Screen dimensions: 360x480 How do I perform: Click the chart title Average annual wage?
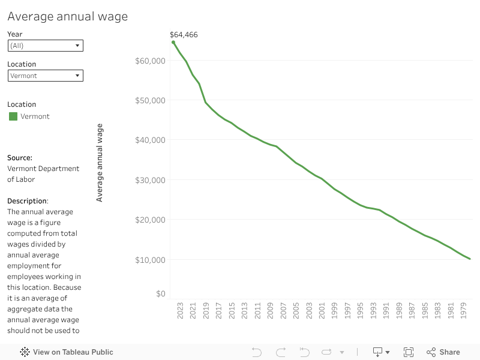coord(67,16)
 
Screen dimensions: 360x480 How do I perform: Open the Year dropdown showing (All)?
coord(46,46)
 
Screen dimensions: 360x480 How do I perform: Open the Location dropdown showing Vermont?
coord(46,76)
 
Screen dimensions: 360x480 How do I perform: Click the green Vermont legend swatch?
coord(13,116)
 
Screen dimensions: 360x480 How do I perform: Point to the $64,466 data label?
coord(184,35)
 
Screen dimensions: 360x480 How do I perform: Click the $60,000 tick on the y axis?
coord(151,61)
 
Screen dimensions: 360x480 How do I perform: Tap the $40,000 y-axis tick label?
coord(151,140)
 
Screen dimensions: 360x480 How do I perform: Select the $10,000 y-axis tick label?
coord(151,260)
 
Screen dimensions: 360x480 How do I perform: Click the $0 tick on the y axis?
coord(161,293)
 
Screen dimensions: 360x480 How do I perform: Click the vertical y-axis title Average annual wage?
coord(100,163)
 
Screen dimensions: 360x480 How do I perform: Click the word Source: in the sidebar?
coord(20,158)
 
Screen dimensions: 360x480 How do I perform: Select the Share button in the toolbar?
coord(443,352)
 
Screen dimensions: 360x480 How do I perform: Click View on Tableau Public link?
coord(67,352)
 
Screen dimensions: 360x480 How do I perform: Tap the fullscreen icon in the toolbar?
coord(409,352)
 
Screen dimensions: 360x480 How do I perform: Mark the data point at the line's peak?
coord(173,43)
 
